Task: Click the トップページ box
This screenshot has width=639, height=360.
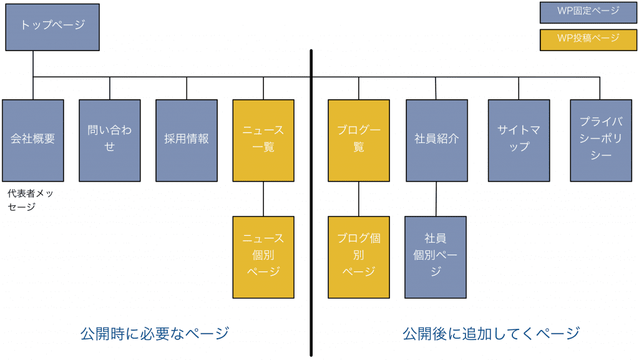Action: click(x=52, y=27)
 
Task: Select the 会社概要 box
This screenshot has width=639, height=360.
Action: click(x=33, y=140)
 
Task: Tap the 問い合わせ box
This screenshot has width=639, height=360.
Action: click(x=110, y=140)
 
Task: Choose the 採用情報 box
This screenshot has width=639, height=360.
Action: click(x=187, y=140)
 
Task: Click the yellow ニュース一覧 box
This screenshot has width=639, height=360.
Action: click(x=263, y=140)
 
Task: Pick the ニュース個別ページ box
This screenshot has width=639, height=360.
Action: click(x=263, y=256)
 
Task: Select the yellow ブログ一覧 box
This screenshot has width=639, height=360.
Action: click(x=359, y=140)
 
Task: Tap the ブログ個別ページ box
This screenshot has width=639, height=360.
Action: click(x=359, y=256)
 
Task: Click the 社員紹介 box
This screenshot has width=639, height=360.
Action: click(x=437, y=140)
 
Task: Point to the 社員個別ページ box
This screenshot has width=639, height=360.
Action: click(x=436, y=256)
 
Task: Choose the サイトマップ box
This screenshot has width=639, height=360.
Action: click(x=519, y=140)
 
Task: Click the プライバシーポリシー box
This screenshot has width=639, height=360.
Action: click(x=601, y=140)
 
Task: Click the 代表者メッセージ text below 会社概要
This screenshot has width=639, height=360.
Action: click(x=31, y=200)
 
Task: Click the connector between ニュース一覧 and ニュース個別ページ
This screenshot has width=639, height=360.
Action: click(x=263, y=198)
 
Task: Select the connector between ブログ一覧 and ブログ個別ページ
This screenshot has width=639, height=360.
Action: click(x=359, y=198)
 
